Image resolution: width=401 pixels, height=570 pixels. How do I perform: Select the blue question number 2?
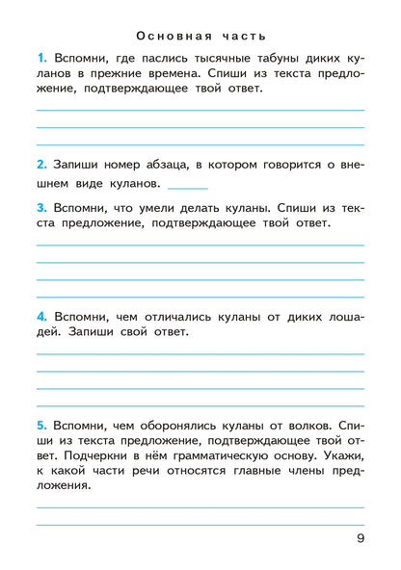click(x=41, y=164)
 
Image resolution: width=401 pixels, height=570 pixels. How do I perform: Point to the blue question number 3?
click(x=41, y=207)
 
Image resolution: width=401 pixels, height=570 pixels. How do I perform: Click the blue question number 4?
click(x=41, y=317)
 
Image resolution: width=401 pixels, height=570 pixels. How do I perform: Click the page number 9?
click(x=360, y=538)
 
